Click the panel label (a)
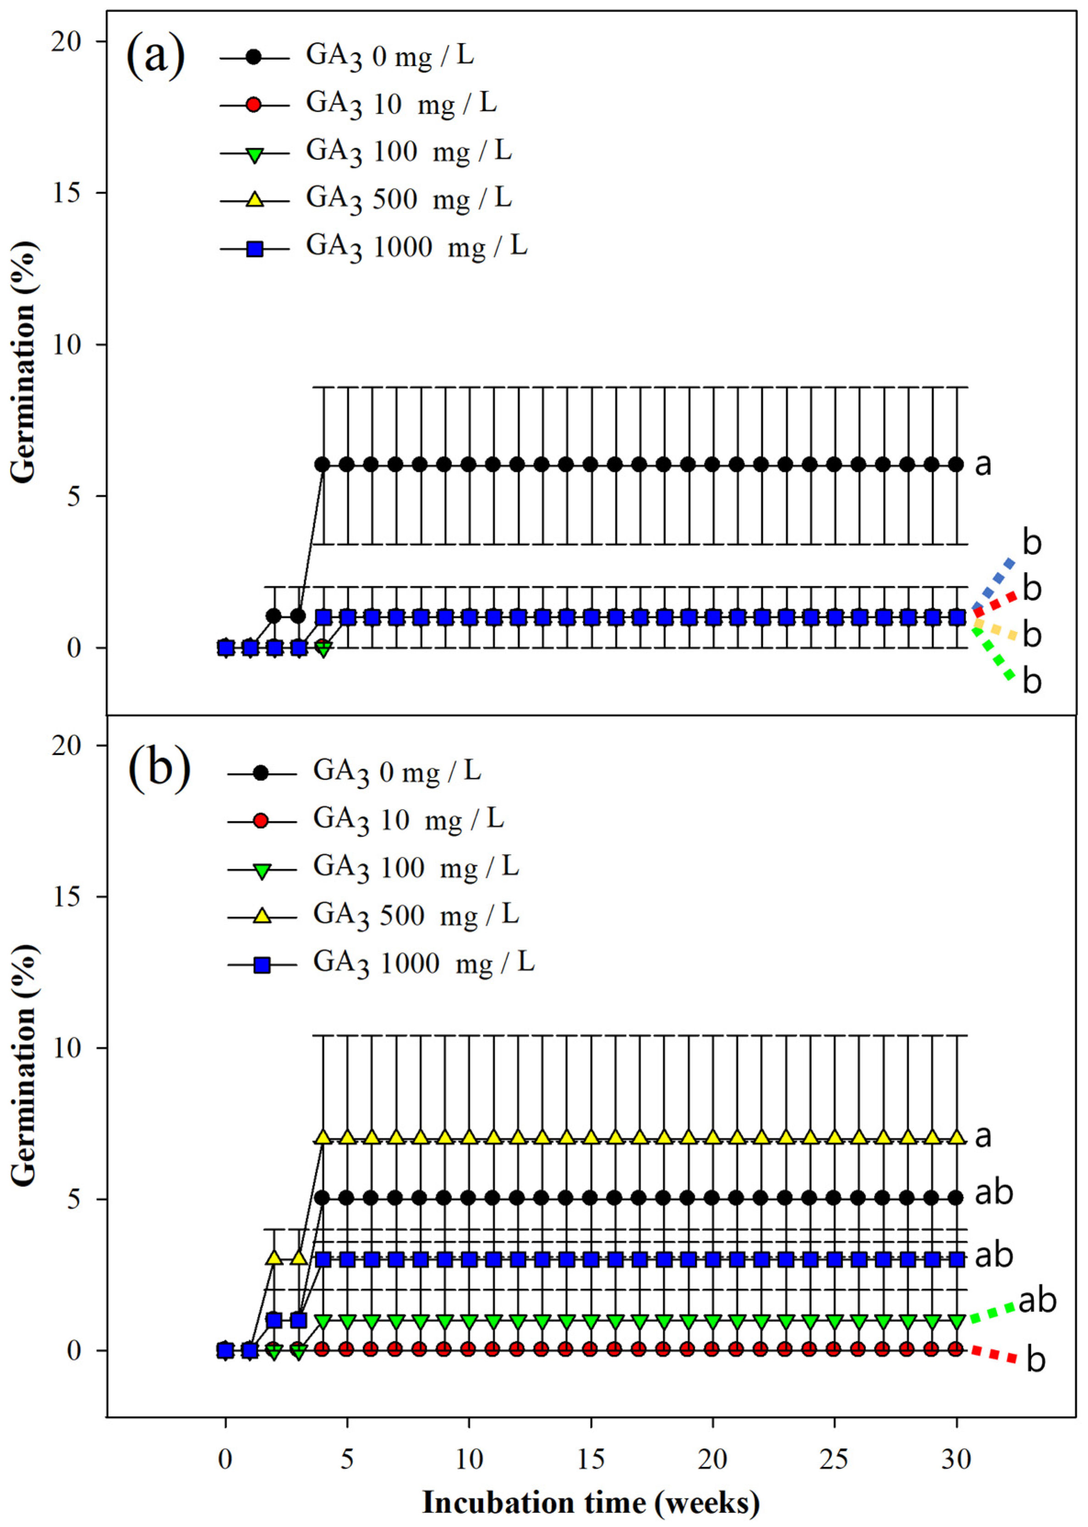[156, 58]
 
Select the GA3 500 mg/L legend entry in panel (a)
[409, 199]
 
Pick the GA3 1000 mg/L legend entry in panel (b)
[424, 963]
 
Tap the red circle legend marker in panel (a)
[254, 105]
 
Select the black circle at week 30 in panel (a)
[957, 464]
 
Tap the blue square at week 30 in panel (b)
[957, 1260]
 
